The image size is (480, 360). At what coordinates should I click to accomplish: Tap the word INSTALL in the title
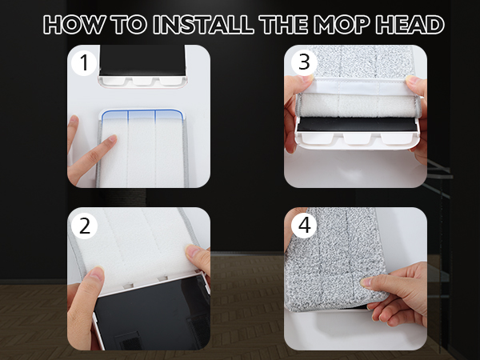click(202, 25)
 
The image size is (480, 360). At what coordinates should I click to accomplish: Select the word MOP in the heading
click(349, 25)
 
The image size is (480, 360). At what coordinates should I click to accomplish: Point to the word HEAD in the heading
click(412, 25)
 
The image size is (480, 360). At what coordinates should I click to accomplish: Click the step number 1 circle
click(83, 62)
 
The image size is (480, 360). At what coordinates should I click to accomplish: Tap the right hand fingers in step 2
click(197, 258)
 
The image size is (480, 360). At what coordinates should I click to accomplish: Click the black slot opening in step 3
click(355, 125)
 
